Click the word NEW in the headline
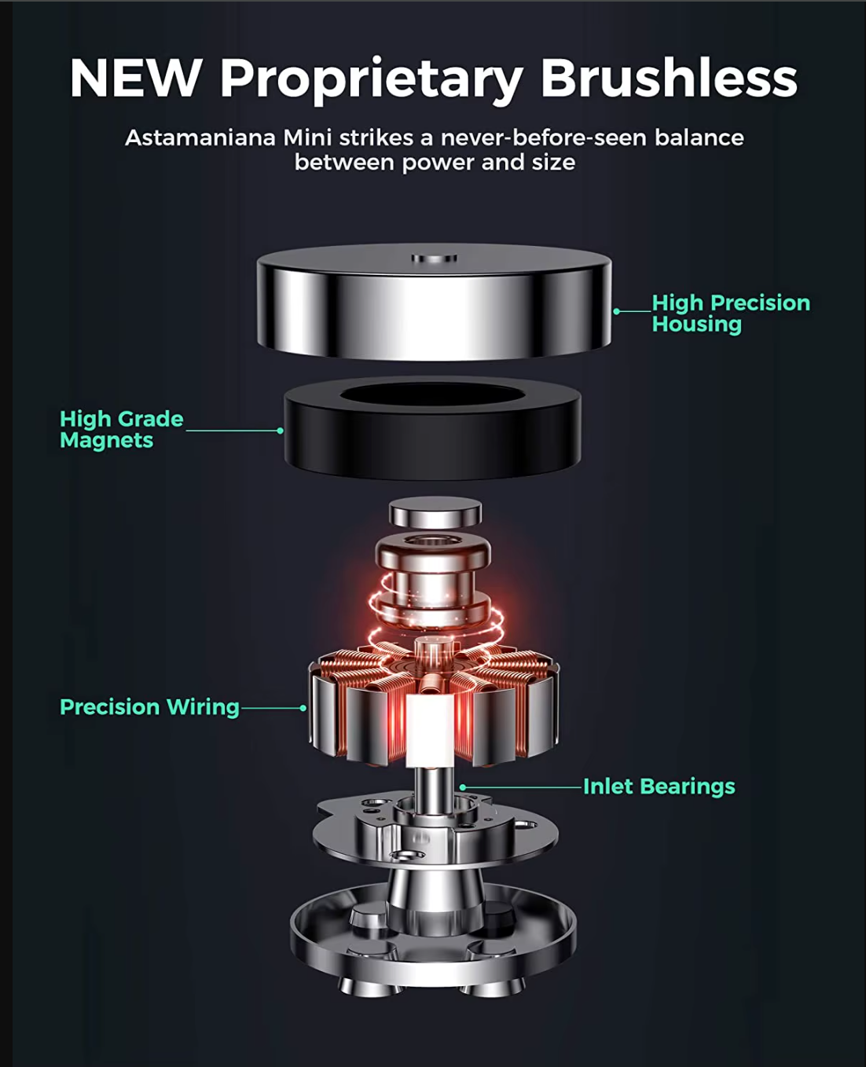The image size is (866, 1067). click(x=136, y=78)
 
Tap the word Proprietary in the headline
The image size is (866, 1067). click(x=371, y=81)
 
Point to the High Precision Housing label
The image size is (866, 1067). click(x=731, y=313)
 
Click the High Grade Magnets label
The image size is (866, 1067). click(x=122, y=429)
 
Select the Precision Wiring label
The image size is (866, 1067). click(x=150, y=707)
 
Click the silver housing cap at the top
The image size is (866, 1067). click(x=434, y=302)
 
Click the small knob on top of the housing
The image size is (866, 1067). click(x=434, y=258)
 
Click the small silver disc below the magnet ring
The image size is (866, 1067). click(x=435, y=512)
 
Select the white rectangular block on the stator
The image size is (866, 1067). click(x=430, y=731)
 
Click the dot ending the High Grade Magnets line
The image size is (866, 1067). click(x=280, y=431)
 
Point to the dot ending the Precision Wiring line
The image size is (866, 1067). click(x=303, y=708)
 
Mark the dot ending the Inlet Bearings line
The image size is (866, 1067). click(x=463, y=787)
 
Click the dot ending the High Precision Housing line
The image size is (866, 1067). click(x=617, y=311)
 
